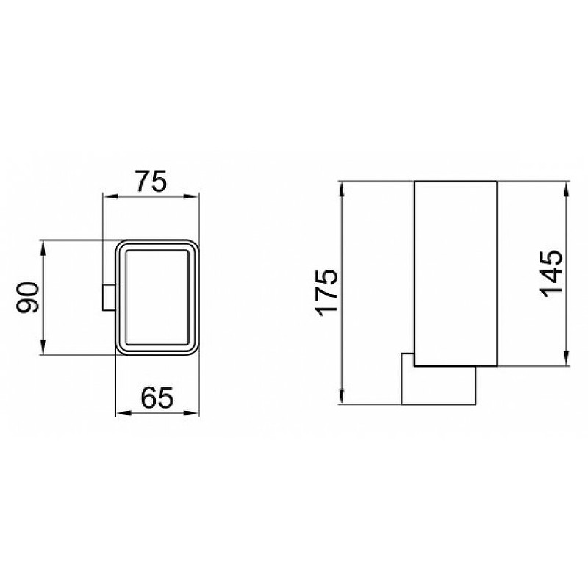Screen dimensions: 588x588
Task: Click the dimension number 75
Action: point(151,181)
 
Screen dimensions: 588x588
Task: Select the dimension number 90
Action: point(28,298)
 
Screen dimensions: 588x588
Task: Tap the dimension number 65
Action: point(157,398)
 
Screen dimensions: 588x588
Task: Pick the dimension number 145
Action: point(551,273)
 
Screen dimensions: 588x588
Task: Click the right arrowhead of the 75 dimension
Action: point(190,196)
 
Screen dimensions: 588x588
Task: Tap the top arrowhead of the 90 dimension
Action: point(43,248)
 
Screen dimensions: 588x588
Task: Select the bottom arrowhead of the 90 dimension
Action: point(43,346)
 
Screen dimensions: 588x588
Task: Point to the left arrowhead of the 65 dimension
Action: point(124,413)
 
